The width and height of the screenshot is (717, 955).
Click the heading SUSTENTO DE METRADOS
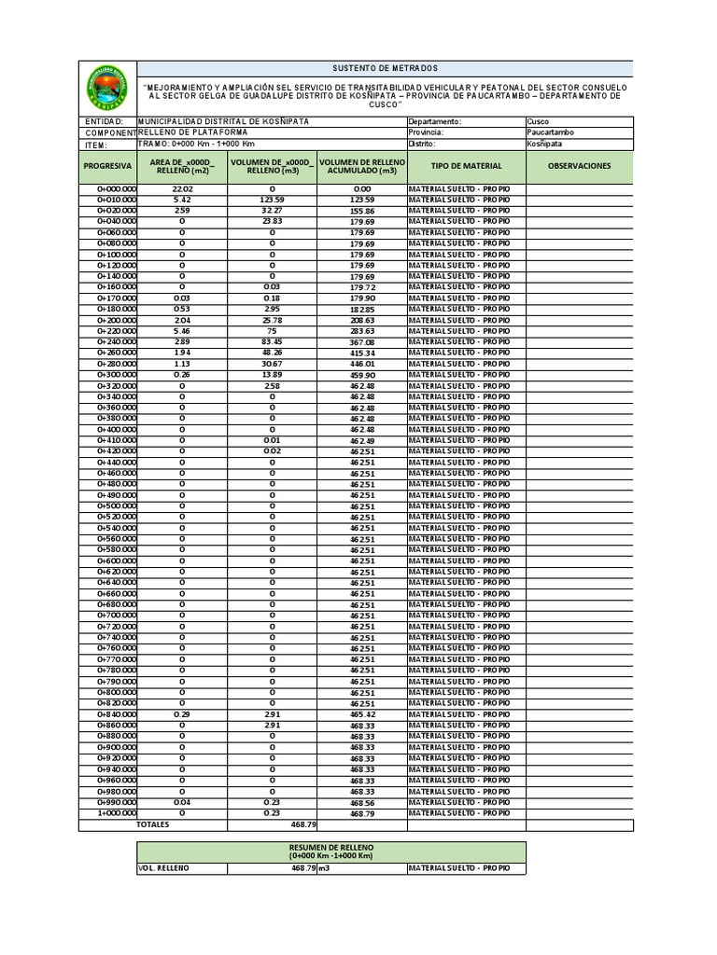[x=385, y=69]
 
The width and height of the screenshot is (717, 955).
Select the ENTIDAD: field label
[x=104, y=122]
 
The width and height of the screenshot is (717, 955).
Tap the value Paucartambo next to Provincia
[x=551, y=133]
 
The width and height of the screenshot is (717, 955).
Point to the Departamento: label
[x=434, y=122]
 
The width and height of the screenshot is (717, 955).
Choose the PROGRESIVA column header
[x=107, y=166]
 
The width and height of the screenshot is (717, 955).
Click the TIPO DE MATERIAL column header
[x=466, y=166]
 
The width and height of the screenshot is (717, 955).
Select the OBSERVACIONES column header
[x=579, y=166]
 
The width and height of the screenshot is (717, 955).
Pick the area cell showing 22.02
[x=182, y=189]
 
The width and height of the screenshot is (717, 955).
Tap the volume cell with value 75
[x=272, y=331]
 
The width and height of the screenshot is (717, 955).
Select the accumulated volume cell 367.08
[x=362, y=342]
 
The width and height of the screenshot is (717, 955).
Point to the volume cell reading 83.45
[x=272, y=342]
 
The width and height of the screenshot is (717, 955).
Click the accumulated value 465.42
[x=362, y=714]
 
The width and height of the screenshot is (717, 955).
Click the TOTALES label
[x=154, y=824]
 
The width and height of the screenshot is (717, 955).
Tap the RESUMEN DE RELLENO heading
[x=330, y=847]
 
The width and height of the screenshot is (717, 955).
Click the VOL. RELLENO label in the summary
[x=163, y=868]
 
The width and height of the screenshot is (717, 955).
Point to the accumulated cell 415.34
[x=362, y=353]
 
